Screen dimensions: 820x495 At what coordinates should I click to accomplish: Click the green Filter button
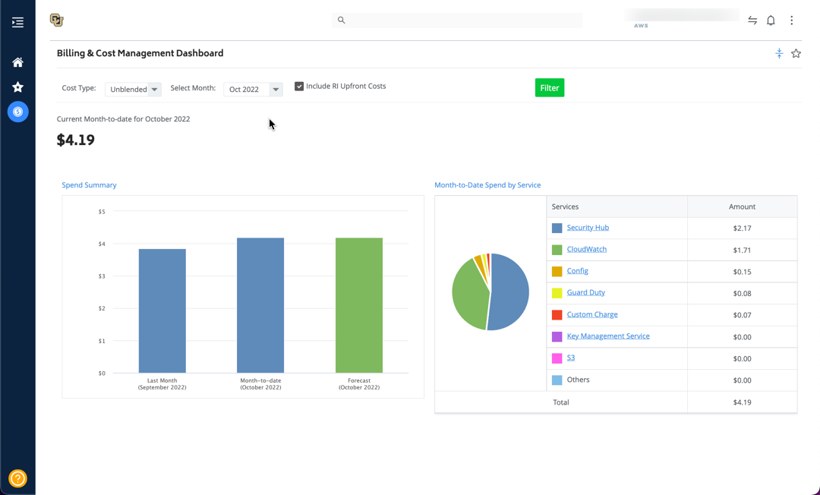[549, 88]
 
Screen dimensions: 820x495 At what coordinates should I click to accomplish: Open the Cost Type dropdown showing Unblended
[133, 90]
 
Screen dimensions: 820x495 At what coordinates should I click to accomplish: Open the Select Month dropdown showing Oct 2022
[253, 90]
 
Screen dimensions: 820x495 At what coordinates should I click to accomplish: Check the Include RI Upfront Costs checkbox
[299, 87]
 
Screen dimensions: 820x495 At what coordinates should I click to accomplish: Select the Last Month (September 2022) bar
[162, 311]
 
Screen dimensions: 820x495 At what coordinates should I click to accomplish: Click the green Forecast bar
[358, 305]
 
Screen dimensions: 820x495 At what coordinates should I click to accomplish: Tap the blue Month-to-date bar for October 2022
[260, 305]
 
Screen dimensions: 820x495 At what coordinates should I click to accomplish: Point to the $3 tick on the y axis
[102, 276]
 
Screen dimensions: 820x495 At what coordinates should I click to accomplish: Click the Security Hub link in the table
[588, 227]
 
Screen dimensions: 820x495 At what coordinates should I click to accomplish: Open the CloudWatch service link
[587, 249]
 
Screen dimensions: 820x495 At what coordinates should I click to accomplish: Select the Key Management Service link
[608, 336]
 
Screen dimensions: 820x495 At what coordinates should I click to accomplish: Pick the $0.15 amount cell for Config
[742, 272]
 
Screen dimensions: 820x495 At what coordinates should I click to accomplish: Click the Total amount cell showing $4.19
[742, 402]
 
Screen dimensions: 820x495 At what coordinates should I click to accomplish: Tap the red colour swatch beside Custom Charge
[557, 314]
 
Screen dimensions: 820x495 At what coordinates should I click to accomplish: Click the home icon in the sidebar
[17, 62]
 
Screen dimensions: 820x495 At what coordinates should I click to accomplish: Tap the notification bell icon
[771, 20]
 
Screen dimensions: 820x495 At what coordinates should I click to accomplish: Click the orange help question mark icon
[17, 478]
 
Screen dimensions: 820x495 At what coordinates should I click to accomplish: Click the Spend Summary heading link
[89, 185]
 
